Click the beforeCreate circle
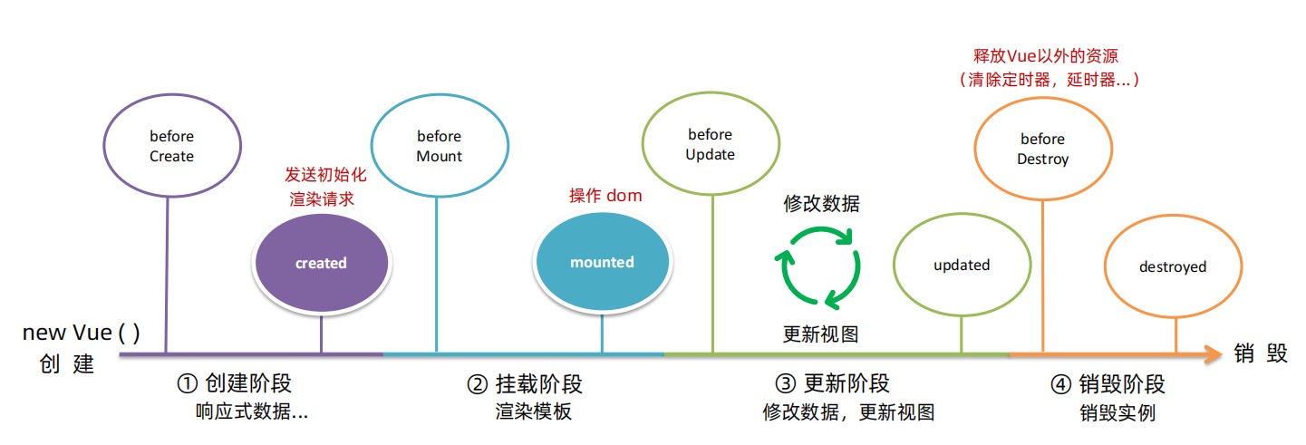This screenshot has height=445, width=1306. pos(172,146)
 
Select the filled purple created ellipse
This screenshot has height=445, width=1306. pos(321,263)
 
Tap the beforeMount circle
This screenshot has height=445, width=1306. pos(439,146)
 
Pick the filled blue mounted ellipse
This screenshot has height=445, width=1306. pos(602,262)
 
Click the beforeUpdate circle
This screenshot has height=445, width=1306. pos(711,145)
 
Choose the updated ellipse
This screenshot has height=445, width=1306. pos(962,266)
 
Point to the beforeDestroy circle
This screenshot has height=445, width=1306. pos(1042,150)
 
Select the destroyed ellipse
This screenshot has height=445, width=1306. pos(1173,266)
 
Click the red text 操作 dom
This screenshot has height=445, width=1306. pos(605,196)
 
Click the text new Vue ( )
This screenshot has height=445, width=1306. pos(82,333)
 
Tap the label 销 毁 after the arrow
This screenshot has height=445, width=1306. pos(1261,354)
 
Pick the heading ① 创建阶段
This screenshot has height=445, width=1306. pos(234,384)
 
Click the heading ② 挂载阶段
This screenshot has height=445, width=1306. pos(525,384)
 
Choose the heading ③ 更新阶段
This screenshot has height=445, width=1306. pos(832,384)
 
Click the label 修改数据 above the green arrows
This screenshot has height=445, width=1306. pos(821,204)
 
